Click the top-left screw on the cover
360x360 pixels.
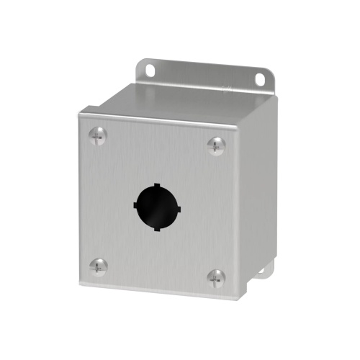[x=99, y=133]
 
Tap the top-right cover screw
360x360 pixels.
[x=215, y=145]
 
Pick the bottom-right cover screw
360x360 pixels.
[x=215, y=276]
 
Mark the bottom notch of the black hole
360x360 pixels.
[x=155, y=228]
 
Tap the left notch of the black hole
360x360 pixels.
[x=135, y=206]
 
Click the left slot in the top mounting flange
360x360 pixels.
[x=150, y=70]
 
